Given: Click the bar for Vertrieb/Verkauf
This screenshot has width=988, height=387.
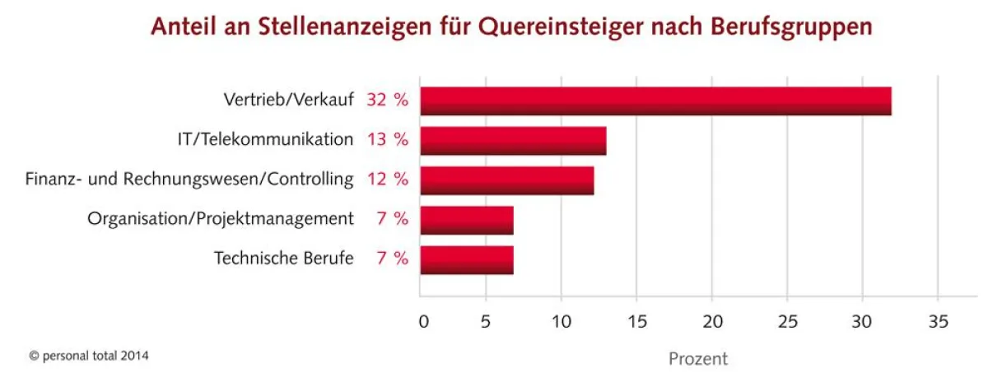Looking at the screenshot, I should (655, 100).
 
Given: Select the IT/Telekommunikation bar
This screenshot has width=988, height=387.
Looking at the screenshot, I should (513, 141).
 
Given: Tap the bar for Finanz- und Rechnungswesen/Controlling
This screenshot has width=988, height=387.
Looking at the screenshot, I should (506, 180).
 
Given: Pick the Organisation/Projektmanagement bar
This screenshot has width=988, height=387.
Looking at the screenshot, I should (466, 220).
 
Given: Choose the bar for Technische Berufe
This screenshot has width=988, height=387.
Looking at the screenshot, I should (466, 259).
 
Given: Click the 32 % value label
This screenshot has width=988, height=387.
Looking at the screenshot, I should (387, 100).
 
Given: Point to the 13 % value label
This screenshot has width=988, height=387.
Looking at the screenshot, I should (387, 140).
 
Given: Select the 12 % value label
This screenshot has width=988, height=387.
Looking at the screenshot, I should (387, 180).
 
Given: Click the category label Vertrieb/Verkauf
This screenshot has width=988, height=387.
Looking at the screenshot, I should (288, 100).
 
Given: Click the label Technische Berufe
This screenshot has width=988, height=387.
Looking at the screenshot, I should (284, 259).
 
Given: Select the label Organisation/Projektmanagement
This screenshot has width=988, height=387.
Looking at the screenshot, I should (221, 219).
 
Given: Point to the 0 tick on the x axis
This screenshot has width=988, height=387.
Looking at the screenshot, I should (423, 321).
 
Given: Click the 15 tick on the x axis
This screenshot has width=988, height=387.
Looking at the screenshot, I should (639, 321).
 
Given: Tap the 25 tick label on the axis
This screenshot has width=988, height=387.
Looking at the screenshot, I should (788, 321).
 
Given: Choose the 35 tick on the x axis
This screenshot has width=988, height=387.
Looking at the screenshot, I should (937, 321).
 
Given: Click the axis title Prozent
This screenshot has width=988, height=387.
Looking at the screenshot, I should (698, 359).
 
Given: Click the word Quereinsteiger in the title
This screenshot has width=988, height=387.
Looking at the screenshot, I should (544, 26).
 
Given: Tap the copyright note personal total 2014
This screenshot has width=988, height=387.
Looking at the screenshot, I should (89, 356).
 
